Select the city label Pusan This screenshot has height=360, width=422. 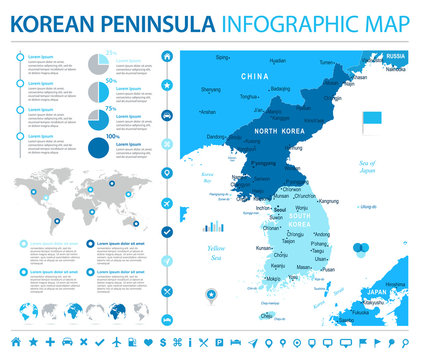click(x=328, y=269)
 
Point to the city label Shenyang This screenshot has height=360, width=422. click(x=211, y=89)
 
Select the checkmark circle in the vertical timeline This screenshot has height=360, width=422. click(x=166, y=231)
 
